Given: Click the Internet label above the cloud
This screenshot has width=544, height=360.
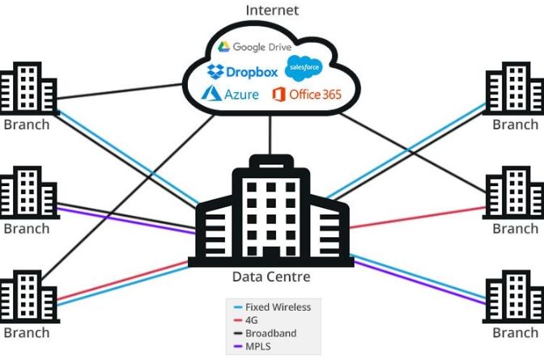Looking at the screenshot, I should [272, 11].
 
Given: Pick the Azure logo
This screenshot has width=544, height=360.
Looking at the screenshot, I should [231, 94].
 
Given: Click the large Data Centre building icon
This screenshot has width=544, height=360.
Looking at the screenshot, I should [271, 212].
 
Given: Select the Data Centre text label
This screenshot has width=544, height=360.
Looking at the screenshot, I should [271, 277].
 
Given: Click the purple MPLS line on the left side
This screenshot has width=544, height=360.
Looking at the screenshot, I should [121, 219].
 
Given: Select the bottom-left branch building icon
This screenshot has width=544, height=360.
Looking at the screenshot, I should [27, 299].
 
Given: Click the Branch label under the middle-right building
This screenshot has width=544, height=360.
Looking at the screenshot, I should [515, 229].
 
